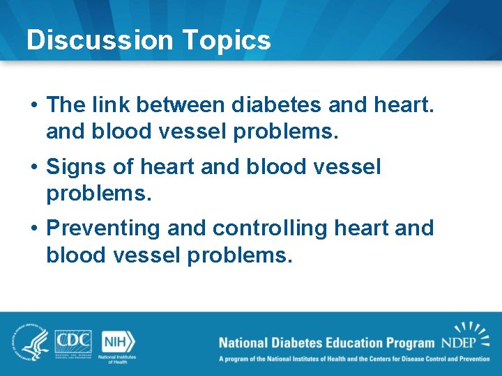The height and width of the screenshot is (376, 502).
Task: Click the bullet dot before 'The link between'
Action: coord(34,106)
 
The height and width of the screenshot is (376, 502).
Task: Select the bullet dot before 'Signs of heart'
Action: coord(34,168)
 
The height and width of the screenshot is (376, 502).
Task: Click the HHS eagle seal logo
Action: coord(27,342)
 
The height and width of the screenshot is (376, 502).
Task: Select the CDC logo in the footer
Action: coord(74,340)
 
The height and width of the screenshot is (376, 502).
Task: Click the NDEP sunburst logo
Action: coord(466,337)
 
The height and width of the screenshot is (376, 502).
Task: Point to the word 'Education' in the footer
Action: coord(346,343)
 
